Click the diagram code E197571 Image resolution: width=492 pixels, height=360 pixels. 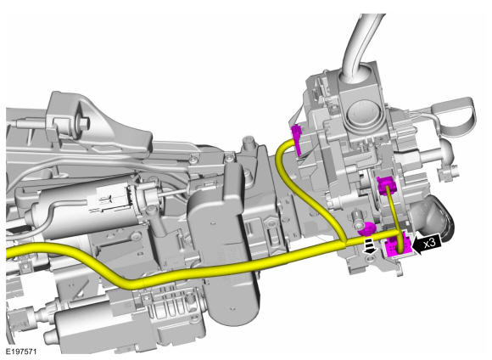[21, 352]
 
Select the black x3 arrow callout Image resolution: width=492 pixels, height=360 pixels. [427, 244]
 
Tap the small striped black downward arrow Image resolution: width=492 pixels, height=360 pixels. [370, 245]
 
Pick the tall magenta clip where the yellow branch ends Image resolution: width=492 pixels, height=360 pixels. [298, 139]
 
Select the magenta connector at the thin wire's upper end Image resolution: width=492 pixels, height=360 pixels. [386, 185]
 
